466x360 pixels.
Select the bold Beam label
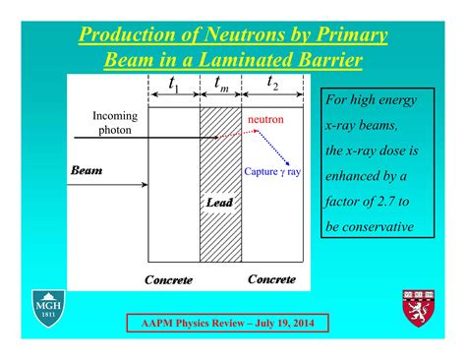pos(87,169)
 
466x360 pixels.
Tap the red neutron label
pos(265,119)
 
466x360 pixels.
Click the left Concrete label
pos(169,280)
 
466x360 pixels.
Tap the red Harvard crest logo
pos(417,308)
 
